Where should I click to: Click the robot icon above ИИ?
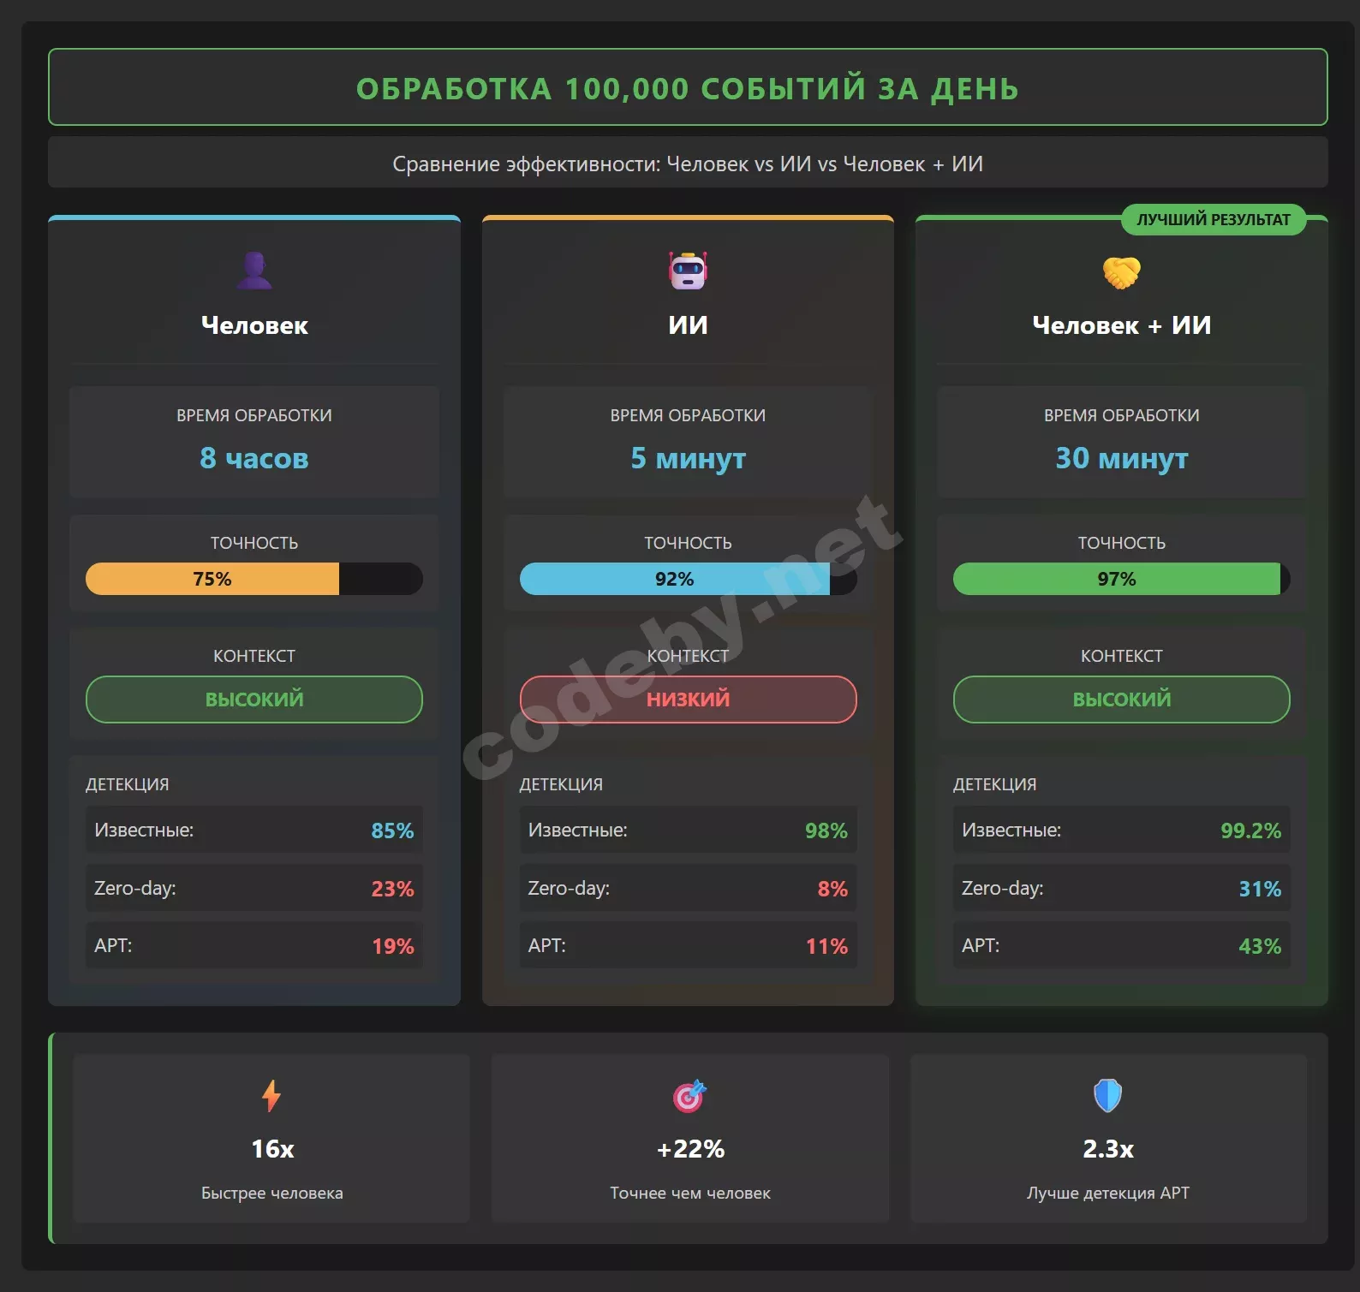(688, 271)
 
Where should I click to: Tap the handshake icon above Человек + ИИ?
(1121, 272)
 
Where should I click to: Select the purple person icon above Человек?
(254, 271)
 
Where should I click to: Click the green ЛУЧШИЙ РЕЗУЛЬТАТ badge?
(1213, 219)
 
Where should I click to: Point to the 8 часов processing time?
(254, 458)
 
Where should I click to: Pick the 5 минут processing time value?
(688, 458)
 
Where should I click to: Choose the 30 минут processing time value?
(1121, 458)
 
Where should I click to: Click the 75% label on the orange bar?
(212, 579)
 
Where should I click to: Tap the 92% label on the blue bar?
(674, 579)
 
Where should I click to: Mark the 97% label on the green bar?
(1116, 579)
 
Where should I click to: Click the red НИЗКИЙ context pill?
(688, 699)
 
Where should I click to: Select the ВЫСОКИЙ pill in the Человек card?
(254, 699)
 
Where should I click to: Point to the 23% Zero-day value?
(392, 889)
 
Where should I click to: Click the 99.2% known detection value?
(1250, 831)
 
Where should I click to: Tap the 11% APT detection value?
(826, 946)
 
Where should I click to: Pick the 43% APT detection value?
(1260, 946)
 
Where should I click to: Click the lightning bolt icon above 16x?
(271, 1095)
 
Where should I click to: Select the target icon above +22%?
(689, 1095)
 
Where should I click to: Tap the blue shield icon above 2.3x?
(1107, 1095)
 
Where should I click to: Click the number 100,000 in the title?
(626, 89)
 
